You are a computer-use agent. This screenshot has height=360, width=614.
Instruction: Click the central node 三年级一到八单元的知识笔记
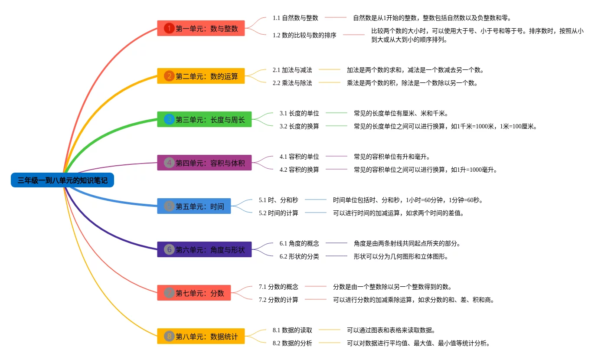point(62,180)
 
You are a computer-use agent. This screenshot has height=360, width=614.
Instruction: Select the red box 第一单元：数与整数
point(201,28)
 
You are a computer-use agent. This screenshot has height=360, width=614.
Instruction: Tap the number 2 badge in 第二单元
point(169,76)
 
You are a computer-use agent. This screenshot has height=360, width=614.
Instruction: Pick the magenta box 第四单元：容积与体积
point(204,163)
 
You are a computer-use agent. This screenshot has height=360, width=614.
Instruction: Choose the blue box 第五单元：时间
point(194,206)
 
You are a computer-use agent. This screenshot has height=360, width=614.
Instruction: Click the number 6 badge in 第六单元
point(169,249)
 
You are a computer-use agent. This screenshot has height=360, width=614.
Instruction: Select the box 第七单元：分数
point(194,293)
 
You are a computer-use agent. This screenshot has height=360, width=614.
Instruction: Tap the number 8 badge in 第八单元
point(169,336)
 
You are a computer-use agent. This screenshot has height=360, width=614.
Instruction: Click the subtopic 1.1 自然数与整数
point(295,18)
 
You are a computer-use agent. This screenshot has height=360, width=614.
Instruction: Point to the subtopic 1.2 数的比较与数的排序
point(304,35)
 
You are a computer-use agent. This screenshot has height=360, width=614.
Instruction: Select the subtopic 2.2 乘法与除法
point(292,83)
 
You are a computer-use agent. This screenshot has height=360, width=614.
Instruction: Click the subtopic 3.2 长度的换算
point(299,126)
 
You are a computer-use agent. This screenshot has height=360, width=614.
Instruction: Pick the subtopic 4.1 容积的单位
point(299,157)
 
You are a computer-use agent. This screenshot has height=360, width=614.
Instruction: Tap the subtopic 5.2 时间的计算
point(278,213)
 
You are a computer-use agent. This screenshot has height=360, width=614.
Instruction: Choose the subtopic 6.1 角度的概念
point(299,243)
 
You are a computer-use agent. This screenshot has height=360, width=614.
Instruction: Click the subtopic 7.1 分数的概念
point(278,287)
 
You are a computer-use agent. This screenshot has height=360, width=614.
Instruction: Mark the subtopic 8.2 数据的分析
point(292,343)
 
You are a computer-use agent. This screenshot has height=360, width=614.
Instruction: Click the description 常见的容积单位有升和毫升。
point(392,157)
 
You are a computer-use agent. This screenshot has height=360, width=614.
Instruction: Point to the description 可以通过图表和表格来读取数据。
point(391,330)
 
